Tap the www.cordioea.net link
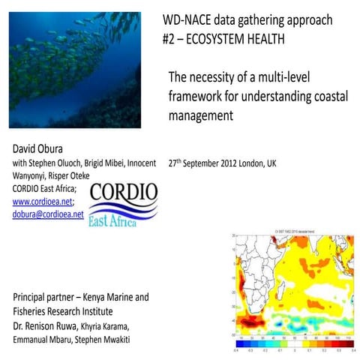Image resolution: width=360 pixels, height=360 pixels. click(x=43, y=201)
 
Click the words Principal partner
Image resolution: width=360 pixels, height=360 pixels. click(x=47, y=296)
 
